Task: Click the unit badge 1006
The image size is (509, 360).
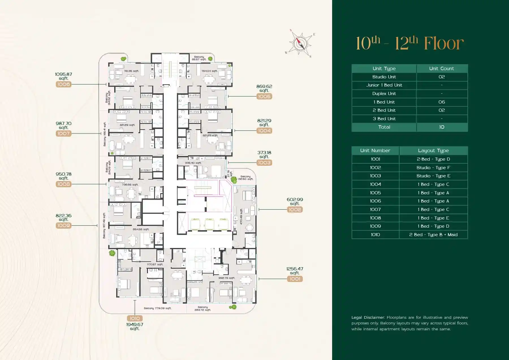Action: point(63,84)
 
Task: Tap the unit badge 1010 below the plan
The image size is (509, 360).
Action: point(135,318)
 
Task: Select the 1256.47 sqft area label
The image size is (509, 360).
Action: point(295,271)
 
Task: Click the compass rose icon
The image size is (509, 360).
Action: point(300,44)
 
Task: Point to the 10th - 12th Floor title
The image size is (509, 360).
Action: point(409,43)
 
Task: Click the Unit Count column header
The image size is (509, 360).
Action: point(441,68)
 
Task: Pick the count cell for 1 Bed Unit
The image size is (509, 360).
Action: point(441,102)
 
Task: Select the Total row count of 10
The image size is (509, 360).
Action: point(441,127)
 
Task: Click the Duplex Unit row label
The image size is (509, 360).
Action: point(384,94)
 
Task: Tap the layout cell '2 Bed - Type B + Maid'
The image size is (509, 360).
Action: point(433,235)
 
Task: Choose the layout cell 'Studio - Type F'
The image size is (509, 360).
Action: point(433,168)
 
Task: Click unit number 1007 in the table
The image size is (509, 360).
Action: point(375,210)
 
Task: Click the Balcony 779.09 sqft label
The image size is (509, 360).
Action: point(158,308)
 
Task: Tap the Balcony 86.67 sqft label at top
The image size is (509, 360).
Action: point(199,58)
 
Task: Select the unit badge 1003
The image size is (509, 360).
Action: point(264,163)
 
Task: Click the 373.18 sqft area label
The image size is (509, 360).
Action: point(264,154)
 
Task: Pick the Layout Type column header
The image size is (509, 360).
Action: point(433,151)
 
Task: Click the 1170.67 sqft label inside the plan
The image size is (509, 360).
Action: point(155,264)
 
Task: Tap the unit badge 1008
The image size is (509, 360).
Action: point(63,184)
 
